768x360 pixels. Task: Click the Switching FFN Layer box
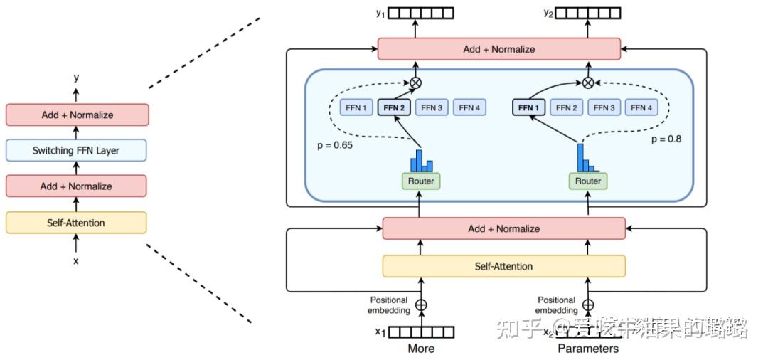[76, 150]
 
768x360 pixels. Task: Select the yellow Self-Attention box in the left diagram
[76, 223]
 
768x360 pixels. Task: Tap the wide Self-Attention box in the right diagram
[503, 266]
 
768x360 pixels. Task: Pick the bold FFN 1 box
[528, 108]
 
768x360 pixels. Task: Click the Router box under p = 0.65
[421, 181]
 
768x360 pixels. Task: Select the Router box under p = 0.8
[588, 181]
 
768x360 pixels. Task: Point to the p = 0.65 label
[334, 144]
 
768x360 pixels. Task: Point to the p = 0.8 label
[666, 139]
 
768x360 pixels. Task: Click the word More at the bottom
[421, 349]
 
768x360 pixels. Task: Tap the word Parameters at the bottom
[588, 349]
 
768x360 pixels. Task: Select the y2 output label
[548, 12]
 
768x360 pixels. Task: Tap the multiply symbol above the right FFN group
[588, 83]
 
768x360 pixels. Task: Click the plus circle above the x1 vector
[421, 305]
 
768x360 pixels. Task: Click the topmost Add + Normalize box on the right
[498, 49]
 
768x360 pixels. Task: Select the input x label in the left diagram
[76, 260]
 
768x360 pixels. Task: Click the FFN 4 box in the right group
[641, 108]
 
